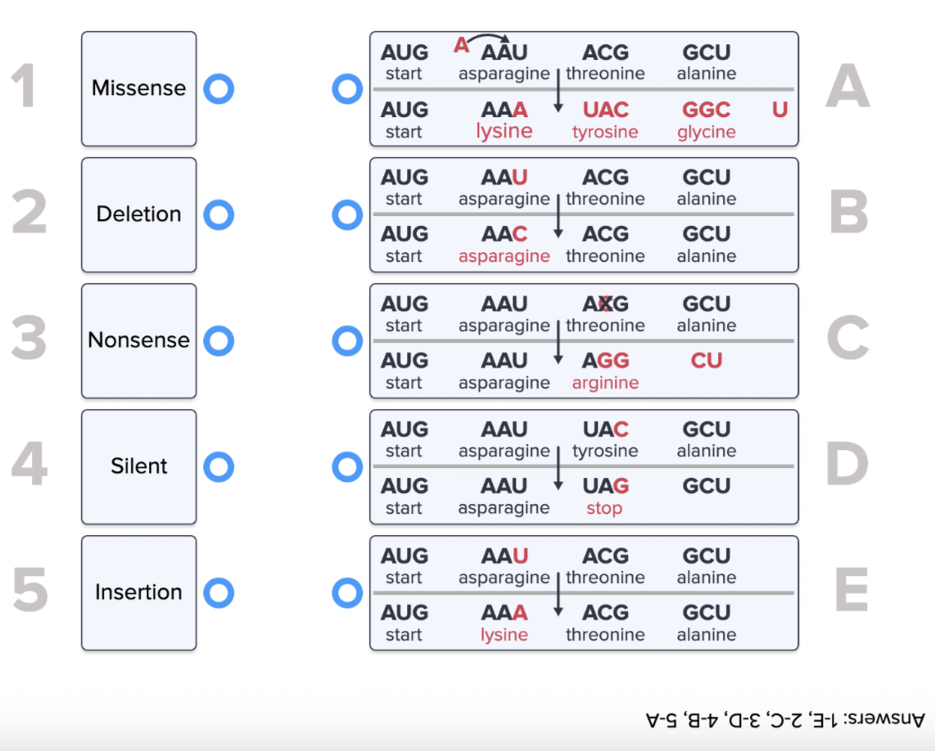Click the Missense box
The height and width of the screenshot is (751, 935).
point(138,88)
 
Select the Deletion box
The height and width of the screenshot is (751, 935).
point(138,214)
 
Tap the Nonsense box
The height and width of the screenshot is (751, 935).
point(138,340)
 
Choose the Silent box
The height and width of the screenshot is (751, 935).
point(138,466)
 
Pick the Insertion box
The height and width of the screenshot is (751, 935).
point(138,592)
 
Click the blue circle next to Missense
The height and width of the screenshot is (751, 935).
point(219,88)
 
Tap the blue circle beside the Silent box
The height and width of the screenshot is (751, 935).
point(219,466)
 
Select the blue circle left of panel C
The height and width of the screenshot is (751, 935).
point(347,340)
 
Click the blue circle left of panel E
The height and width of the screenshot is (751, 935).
point(347,592)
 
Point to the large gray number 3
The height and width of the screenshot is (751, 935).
point(29,340)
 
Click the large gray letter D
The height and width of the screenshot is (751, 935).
point(847,465)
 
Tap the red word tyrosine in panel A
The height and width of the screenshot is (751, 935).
point(605,132)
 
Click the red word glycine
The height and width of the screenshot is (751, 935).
point(706,132)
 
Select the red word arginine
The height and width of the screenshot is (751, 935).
point(605,383)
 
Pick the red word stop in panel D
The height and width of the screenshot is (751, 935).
point(604,509)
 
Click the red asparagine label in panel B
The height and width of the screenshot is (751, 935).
point(504,256)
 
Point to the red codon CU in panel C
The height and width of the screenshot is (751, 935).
point(706,361)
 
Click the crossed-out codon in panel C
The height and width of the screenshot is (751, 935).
point(605,304)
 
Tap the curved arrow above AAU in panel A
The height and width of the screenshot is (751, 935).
point(489,38)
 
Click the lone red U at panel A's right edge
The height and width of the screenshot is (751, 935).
point(779,110)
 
